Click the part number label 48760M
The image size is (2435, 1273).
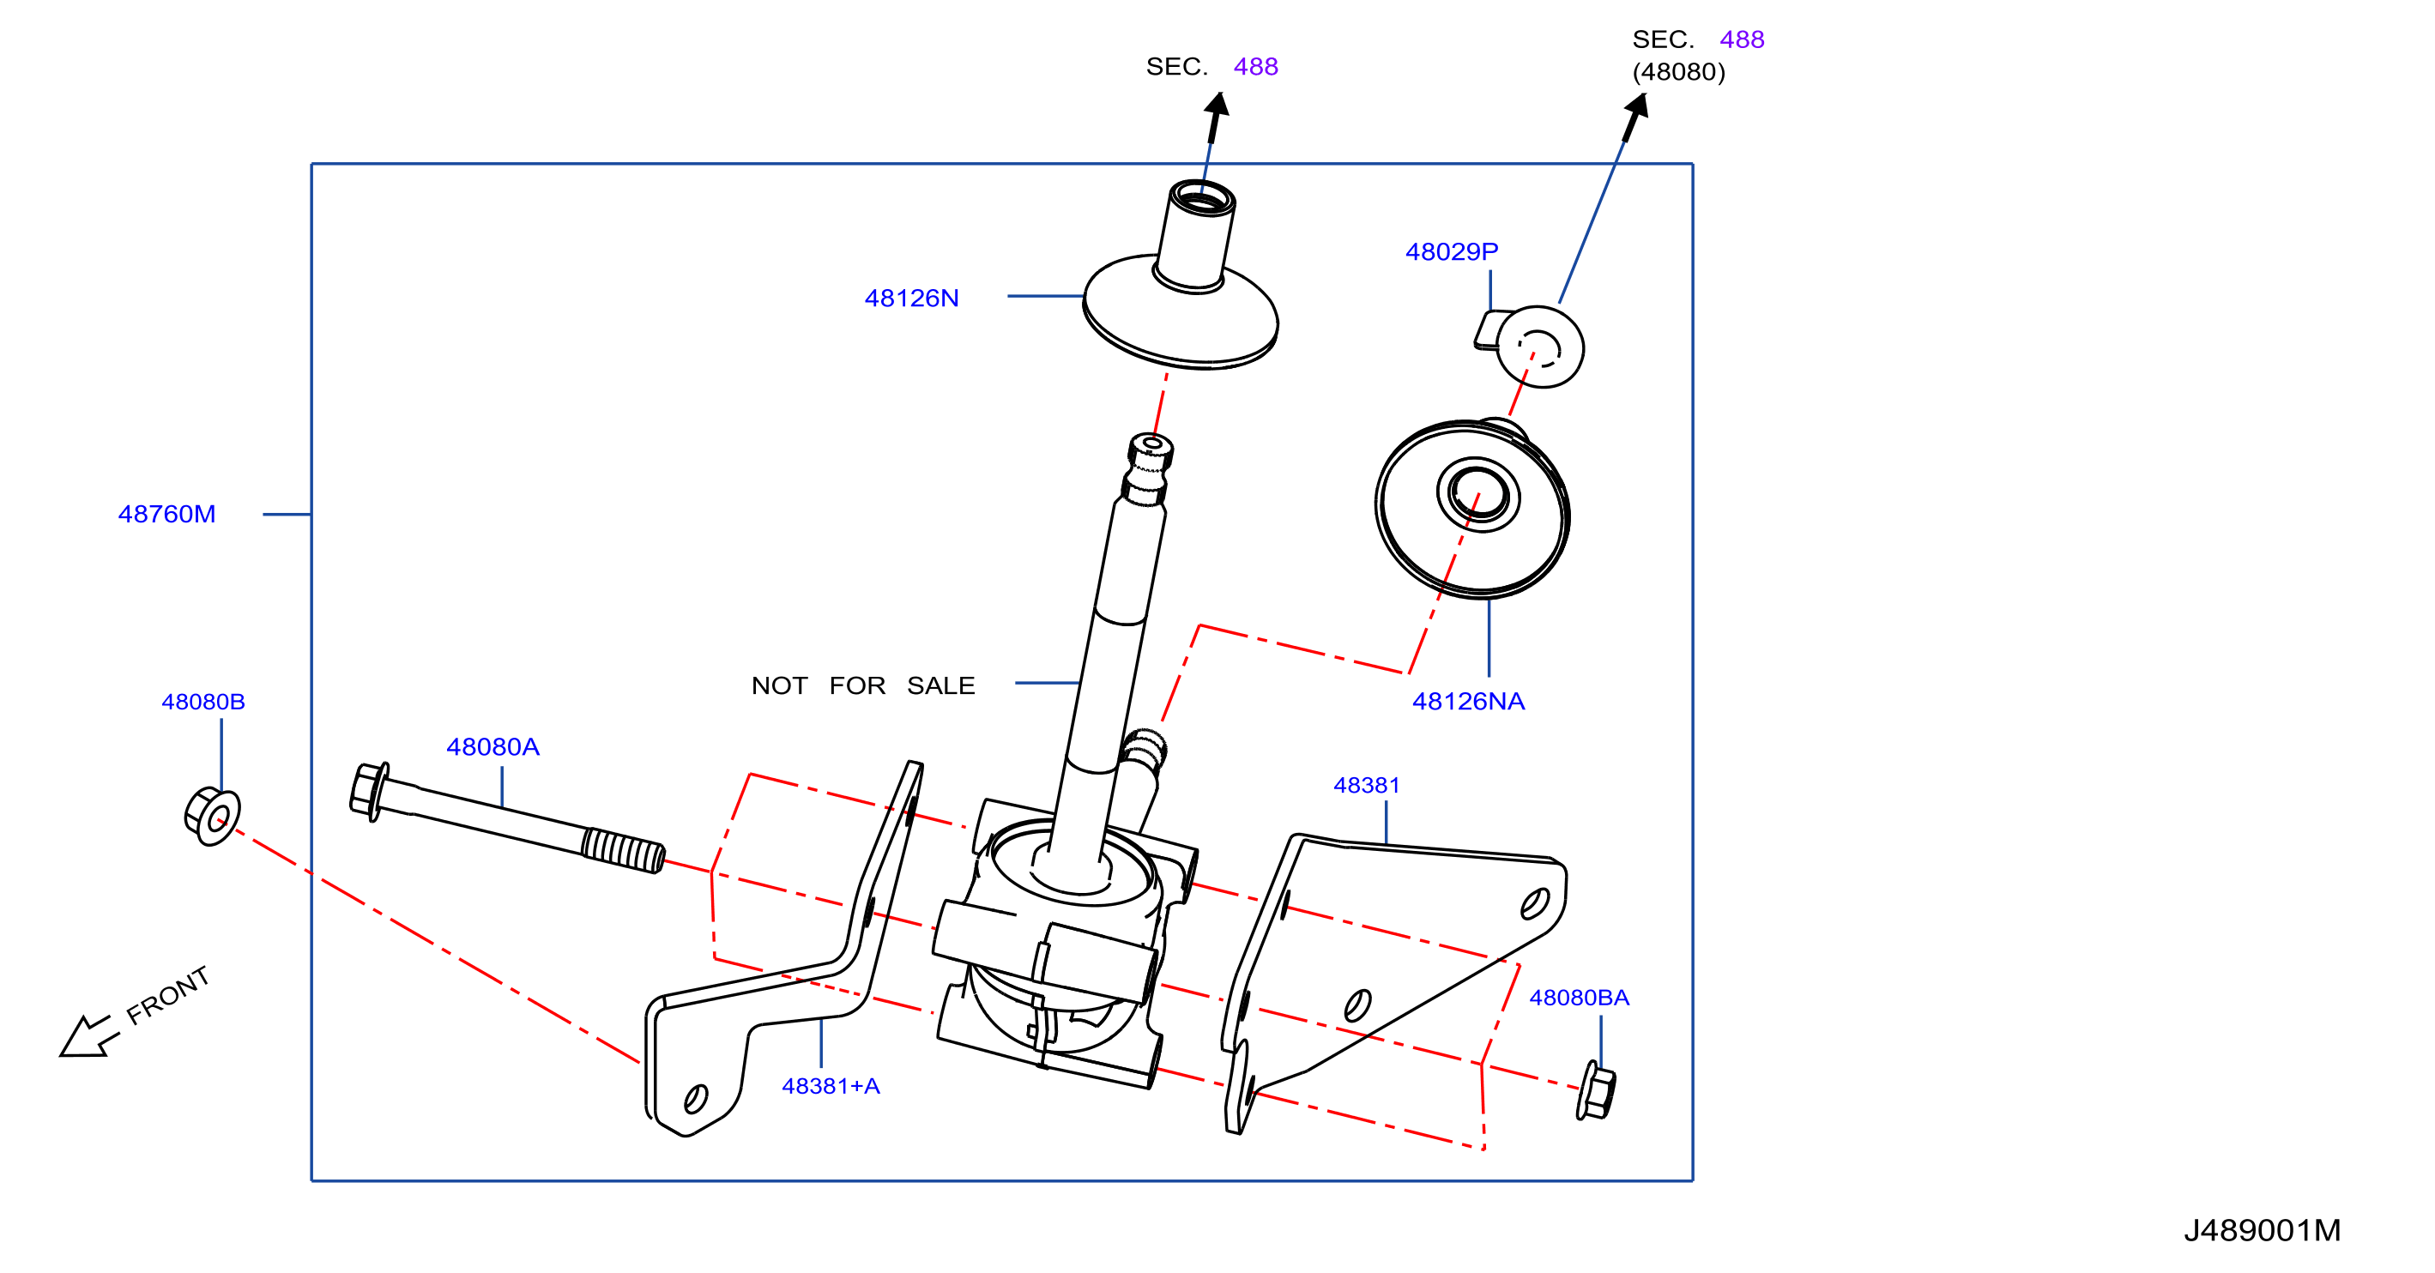point(166,514)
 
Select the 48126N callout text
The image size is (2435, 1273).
point(911,299)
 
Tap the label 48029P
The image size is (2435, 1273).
point(1451,252)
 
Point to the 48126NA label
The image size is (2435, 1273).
point(1468,701)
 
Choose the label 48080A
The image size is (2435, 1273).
point(492,747)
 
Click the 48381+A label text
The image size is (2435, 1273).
point(831,1087)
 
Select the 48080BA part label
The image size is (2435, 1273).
point(1579,998)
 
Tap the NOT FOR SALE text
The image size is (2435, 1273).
point(863,686)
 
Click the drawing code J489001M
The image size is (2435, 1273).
point(2262,1230)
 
